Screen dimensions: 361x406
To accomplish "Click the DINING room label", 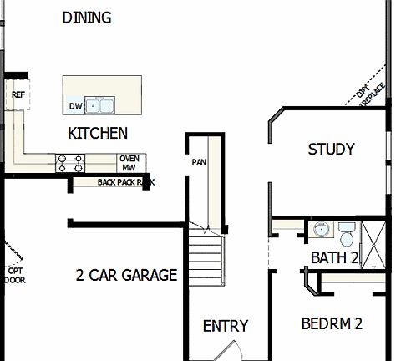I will (87, 18).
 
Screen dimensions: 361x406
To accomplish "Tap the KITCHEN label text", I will (98, 133).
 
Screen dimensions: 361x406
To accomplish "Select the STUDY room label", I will (331, 150).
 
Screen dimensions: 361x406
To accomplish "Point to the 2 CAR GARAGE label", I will (126, 275).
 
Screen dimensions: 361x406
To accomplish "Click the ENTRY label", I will (226, 326).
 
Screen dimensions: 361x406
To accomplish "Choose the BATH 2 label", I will (334, 257).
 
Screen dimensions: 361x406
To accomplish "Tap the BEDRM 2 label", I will (331, 323).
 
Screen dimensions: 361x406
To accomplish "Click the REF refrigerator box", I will (18, 95).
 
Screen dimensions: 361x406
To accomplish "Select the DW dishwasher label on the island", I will (75, 106).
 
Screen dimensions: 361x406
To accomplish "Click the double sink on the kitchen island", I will (104, 105).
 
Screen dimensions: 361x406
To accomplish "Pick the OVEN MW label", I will (129, 162).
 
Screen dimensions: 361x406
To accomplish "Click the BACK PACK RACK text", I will (125, 181).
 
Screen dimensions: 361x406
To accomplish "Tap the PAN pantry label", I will (199, 161).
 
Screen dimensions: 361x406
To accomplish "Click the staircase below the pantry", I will (204, 259).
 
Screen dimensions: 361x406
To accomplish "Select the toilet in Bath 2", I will (347, 231).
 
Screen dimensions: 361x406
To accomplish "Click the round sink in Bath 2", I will (320, 231).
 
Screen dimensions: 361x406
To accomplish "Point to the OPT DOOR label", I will (15, 275).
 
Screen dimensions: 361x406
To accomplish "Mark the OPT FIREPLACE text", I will (368, 93).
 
